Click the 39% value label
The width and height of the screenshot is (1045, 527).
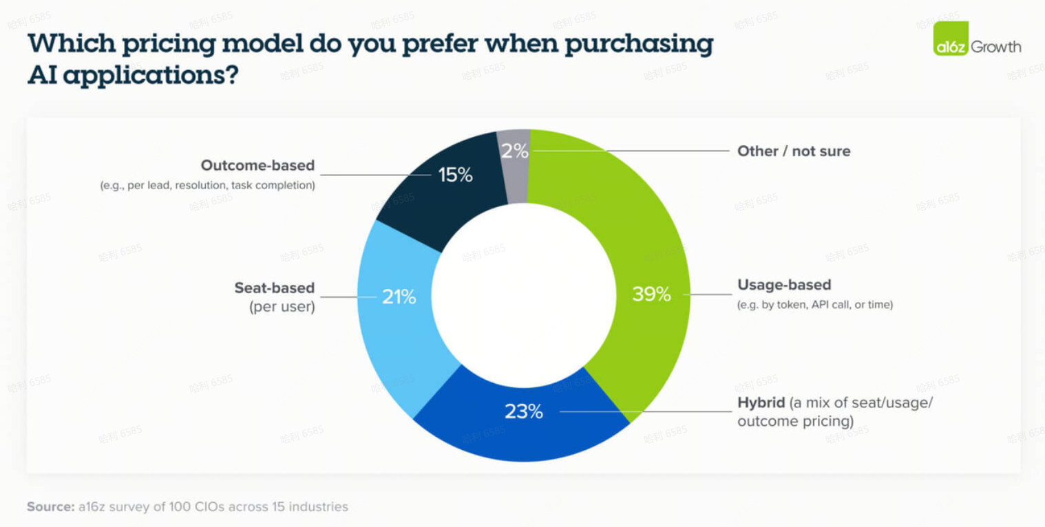coord(651,294)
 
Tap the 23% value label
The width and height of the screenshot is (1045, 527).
coord(524,411)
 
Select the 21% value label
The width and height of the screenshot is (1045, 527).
coord(399,297)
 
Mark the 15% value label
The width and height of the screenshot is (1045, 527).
coord(456,175)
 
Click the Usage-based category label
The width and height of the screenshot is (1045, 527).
coord(784,285)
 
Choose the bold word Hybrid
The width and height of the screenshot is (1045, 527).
coord(761,402)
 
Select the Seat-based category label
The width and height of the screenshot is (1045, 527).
coord(274,288)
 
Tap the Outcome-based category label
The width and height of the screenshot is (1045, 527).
coord(257,165)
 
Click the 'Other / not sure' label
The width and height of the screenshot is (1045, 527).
coord(794,151)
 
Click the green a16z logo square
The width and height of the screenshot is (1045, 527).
coord(951,39)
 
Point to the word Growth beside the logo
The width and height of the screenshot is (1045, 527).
coord(996,47)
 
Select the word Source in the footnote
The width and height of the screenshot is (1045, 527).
coord(50,507)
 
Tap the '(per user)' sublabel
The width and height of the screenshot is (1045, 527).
coord(282,307)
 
